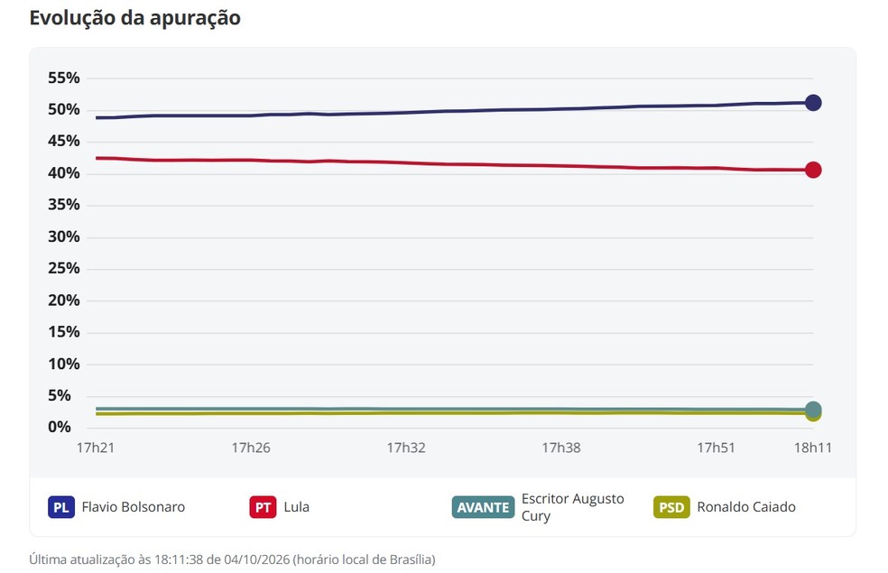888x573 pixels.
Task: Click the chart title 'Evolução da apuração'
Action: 134,18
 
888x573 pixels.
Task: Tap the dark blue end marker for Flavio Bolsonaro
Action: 813,103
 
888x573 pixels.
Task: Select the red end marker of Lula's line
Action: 813,170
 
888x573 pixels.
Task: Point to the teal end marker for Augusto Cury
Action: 813,410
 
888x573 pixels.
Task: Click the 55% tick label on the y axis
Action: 64,79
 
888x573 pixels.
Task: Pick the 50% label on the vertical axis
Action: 64,110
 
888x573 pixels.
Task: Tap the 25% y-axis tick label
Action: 64,268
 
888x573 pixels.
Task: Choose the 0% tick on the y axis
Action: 60,427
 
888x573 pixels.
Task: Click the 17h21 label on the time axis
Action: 96,448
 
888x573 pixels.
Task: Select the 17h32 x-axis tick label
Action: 406,448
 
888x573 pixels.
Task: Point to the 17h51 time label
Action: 716,448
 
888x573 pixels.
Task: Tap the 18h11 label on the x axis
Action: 813,448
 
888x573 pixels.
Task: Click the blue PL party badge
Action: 61,507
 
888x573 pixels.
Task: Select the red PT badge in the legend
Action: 263,507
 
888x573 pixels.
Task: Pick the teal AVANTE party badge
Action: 483,507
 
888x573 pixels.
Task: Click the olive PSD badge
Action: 671,507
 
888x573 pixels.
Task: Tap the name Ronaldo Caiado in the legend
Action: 746,507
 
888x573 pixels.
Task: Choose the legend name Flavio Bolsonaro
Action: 133,507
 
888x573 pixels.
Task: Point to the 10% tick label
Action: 64,364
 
